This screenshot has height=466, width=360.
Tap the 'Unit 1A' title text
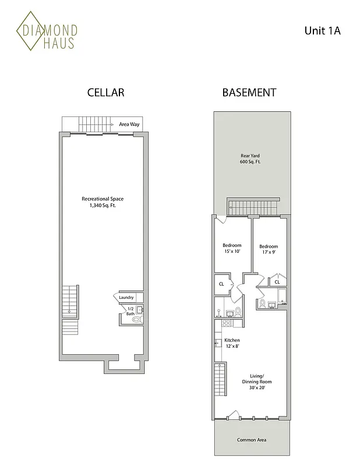(x=322, y=30)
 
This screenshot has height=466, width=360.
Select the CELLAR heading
(x=105, y=93)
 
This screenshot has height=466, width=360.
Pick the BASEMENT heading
(x=249, y=93)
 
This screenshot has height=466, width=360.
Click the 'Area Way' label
(x=128, y=124)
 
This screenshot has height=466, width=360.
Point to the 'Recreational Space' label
(x=103, y=199)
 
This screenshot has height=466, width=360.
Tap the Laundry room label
(x=126, y=298)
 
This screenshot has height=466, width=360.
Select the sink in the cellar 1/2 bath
(x=140, y=310)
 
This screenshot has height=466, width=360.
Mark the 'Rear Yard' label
(x=250, y=156)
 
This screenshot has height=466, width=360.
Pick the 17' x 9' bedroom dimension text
(x=269, y=253)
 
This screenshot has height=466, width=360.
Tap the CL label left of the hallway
(x=221, y=284)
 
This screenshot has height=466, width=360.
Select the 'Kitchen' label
(x=232, y=340)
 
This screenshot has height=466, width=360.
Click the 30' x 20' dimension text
(x=257, y=388)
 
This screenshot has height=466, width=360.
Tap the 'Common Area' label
(x=251, y=440)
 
